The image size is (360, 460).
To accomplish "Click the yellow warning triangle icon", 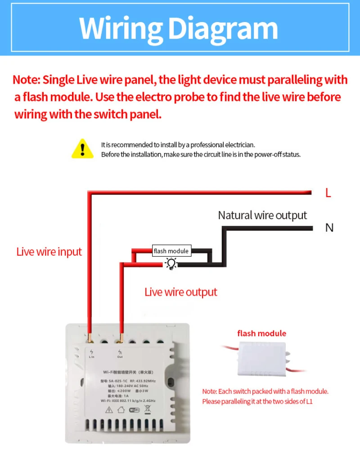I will click(82, 149).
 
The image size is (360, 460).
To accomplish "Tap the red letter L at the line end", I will click(328, 193).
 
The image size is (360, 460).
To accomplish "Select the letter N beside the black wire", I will click(329, 228).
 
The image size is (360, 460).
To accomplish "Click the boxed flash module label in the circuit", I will click(171, 251).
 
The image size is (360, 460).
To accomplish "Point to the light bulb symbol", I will click(171, 264).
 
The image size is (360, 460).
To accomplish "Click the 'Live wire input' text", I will click(49, 252).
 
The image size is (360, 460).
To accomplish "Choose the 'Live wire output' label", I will click(180, 292).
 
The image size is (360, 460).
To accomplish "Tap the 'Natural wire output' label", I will click(262, 215).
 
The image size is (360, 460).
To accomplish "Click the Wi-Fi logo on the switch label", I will click(135, 410).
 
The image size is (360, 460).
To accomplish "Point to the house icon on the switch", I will click(121, 410).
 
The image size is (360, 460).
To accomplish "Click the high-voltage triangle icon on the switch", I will click(108, 410).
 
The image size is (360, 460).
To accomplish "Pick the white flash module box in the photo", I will click(261, 358).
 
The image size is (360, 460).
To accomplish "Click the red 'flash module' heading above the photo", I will click(261, 334).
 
